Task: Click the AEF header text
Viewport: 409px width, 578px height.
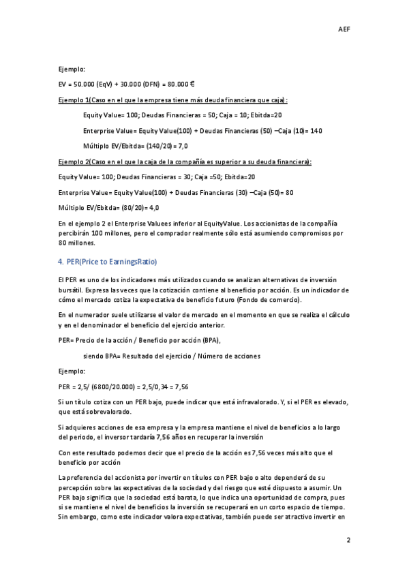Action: pyautogui.click(x=345, y=29)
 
